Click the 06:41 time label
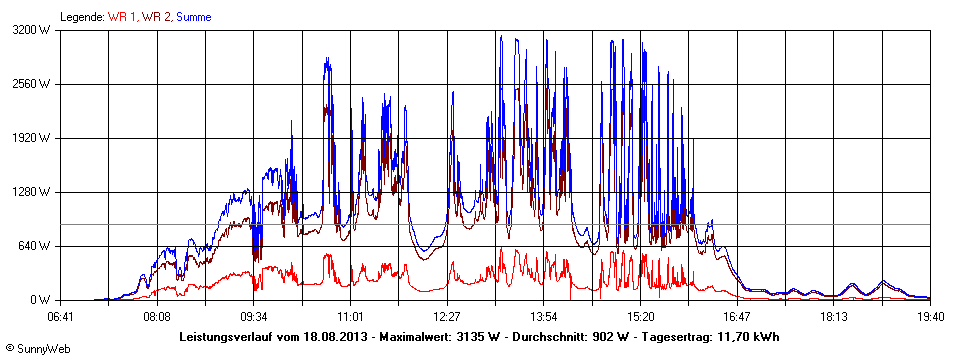61,316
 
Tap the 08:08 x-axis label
157,316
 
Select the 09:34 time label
254,316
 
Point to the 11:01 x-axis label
350,316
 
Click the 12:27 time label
447,316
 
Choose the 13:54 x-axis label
543,316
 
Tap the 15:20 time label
640,316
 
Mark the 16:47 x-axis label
737,316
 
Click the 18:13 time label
833,316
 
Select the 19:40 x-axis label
930,316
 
